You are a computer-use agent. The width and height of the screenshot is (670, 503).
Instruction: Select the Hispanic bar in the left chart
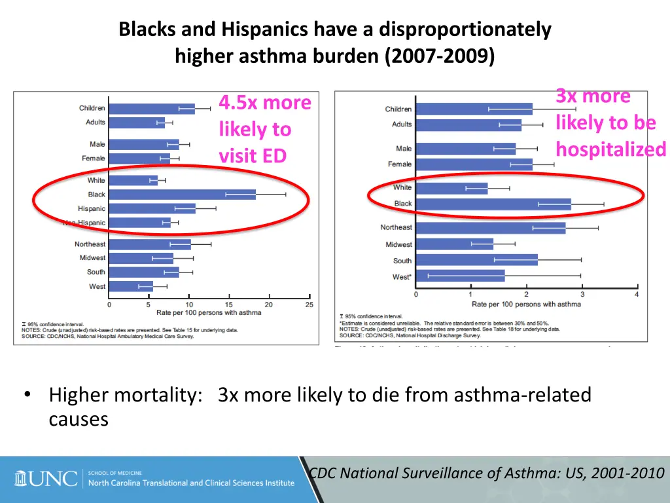(152, 209)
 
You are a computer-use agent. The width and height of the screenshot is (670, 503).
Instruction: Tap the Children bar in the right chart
(474, 109)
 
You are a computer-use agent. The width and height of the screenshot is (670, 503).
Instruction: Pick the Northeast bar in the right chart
(490, 228)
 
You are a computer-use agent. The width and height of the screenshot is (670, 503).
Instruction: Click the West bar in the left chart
(131, 286)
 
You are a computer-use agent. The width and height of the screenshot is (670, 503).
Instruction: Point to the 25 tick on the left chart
(309, 305)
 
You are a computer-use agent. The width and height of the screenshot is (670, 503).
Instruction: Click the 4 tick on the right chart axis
(637, 294)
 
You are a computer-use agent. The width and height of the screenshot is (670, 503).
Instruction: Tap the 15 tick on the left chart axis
(229, 305)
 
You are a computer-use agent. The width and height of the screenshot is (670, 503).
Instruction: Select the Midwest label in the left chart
(92, 258)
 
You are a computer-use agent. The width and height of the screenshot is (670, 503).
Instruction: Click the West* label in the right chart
(402, 277)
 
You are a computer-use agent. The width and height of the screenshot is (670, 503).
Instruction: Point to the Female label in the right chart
(400, 164)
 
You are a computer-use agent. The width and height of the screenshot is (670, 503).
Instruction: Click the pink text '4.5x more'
(265, 103)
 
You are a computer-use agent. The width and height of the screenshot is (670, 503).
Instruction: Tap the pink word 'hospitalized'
(611, 150)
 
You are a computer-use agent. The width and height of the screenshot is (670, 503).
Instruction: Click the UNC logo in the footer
(46, 479)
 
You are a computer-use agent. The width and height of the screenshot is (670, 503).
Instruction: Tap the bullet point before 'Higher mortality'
(27, 395)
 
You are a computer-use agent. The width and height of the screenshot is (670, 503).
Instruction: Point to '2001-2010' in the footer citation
(627, 473)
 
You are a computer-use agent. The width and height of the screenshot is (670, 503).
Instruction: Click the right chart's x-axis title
(526, 304)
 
